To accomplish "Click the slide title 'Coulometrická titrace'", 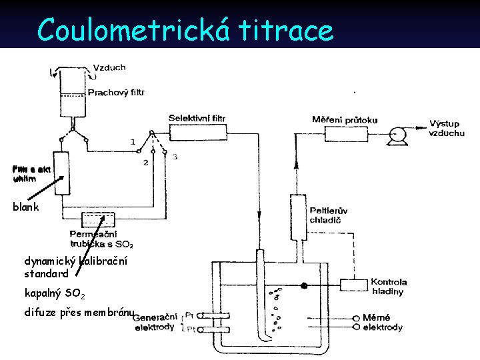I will pyautogui.click(x=185, y=29).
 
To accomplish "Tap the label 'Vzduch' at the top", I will pyautogui.click(x=109, y=67).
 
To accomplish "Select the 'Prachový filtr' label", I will pyautogui.click(x=117, y=92).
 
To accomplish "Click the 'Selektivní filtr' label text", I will pyautogui.click(x=197, y=118).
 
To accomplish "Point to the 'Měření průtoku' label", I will pyautogui.click(x=345, y=120).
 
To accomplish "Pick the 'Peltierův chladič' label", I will pyautogui.click(x=329, y=216).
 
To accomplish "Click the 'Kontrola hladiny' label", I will pyautogui.click(x=389, y=287).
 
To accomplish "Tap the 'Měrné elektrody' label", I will pyautogui.click(x=383, y=322).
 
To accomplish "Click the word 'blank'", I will pyautogui.click(x=26, y=207).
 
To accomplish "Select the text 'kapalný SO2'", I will pyautogui.click(x=55, y=293).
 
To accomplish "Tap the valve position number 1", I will pyautogui.click(x=133, y=142).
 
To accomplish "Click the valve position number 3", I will pyautogui.click(x=175, y=157).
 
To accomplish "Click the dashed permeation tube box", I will pyautogui.click(x=97, y=220).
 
